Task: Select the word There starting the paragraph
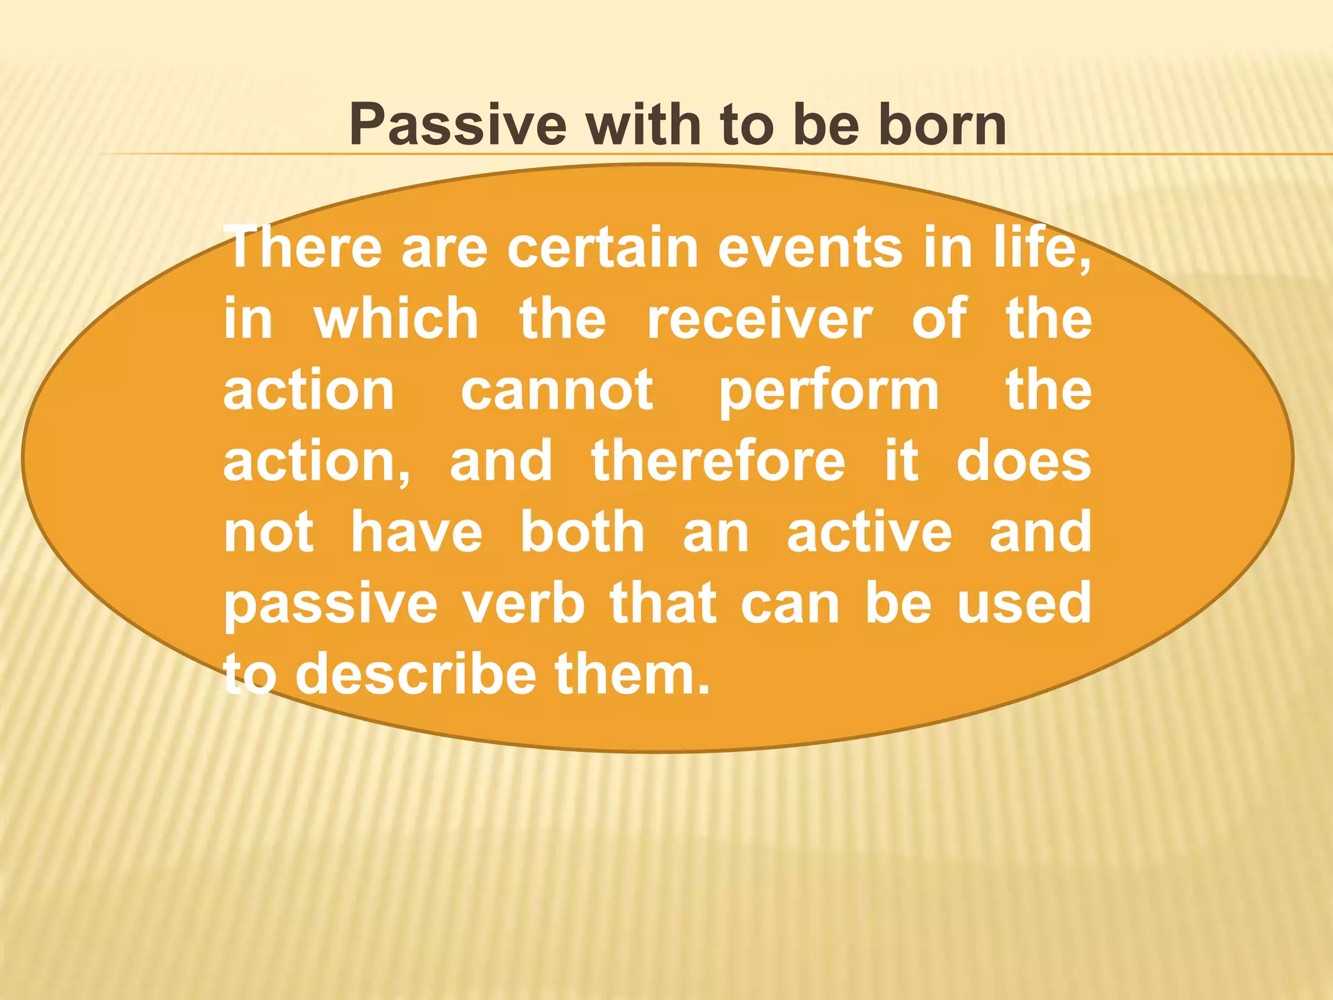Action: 303,247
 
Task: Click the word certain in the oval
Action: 603,247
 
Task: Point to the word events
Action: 810,247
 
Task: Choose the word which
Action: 396,319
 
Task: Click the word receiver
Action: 759,319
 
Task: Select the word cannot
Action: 557,390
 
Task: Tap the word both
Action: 582,532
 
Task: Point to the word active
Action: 869,532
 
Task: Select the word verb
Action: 524,603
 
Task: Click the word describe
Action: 416,674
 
